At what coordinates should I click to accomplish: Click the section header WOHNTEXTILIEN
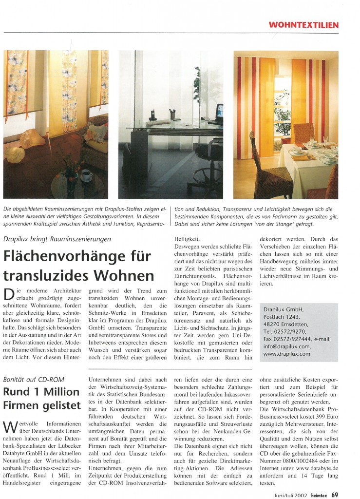coord(303,25)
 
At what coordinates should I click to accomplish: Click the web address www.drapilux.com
coord(286,354)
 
